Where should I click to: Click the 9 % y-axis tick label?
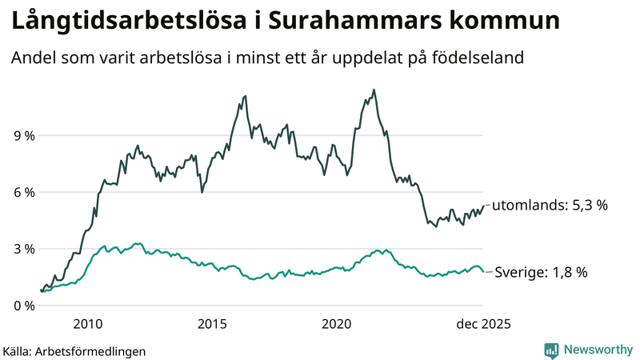(25, 136)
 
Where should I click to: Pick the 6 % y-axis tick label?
(25, 193)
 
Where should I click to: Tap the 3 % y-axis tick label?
(25, 250)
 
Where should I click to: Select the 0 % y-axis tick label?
(25, 306)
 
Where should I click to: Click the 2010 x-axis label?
(87, 324)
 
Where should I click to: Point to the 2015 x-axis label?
(212, 324)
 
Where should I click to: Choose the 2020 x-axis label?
(336, 324)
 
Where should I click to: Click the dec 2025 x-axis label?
(483, 324)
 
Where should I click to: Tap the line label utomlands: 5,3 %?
(550, 206)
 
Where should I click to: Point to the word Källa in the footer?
(18, 350)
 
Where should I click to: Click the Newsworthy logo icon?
(551, 350)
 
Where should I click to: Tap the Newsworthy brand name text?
(598, 350)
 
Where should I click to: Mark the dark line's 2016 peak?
(244, 97)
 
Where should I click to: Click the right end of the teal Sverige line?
(482, 272)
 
